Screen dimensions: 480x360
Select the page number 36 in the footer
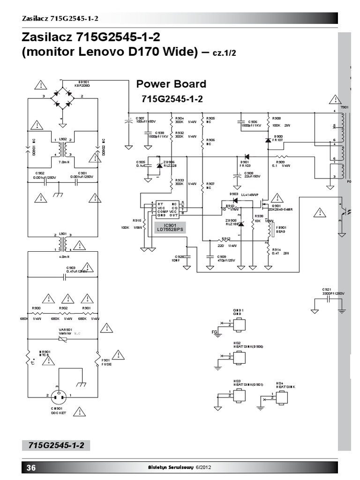pyautogui.click(x=31, y=467)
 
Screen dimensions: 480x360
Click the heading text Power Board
pyautogui.click(x=171, y=84)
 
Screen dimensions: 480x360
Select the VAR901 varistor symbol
pyautogui.click(x=63, y=339)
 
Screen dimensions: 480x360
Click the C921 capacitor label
pyautogui.click(x=327, y=290)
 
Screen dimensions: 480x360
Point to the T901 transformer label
pyautogui.click(x=345, y=107)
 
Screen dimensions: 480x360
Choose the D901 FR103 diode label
pyautogui.click(x=245, y=163)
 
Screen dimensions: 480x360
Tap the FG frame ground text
pyautogui.click(x=215, y=333)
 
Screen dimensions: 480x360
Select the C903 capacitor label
pyautogui.click(x=71, y=268)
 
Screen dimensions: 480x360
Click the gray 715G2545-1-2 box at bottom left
pyautogui.click(x=56, y=445)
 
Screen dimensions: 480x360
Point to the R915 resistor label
pyautogui.click(x=137, y=220)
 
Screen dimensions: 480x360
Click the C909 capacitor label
pyautogui.click(x=222, y=257)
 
